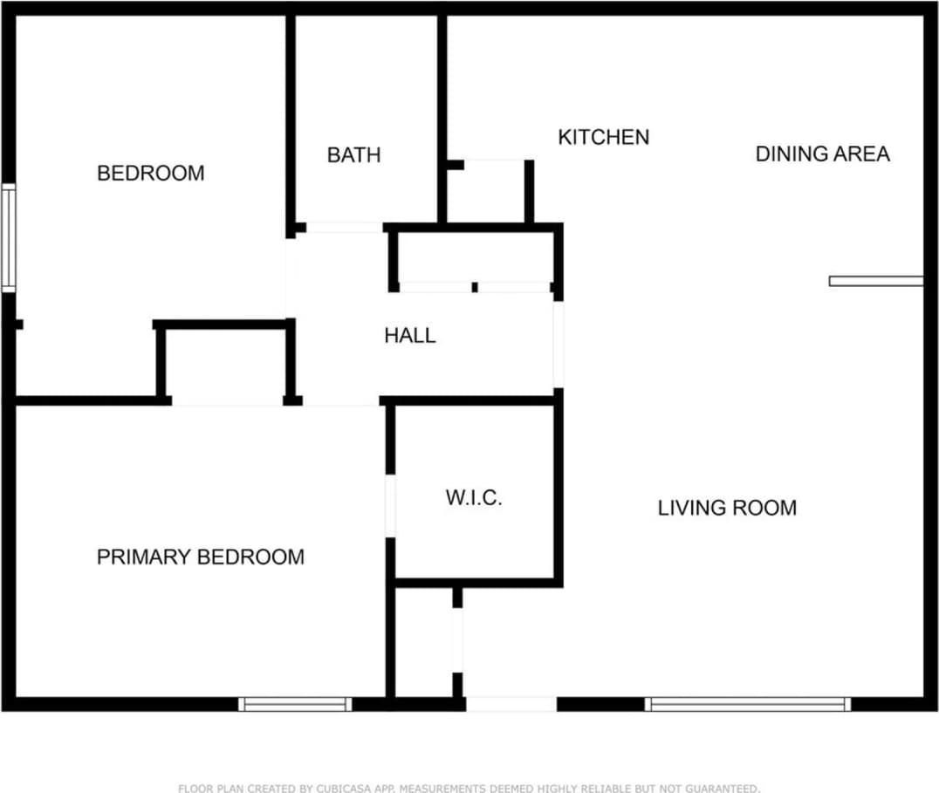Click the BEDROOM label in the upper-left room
point(150,173)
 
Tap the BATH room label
point(353,155)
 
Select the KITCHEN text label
point(603,137)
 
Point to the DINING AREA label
point(822,154)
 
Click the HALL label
point(409,336)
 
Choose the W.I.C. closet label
point(474,498)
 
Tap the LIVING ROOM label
point(727,508)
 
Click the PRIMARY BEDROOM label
point(200,557)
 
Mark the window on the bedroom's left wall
point(9,237)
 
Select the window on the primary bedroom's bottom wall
point(295,704)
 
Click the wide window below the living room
point(748,704)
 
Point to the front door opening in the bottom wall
point(511,704)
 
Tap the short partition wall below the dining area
point(875,281)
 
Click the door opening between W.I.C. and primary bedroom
point(391,506)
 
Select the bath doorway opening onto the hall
point(344,228)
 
